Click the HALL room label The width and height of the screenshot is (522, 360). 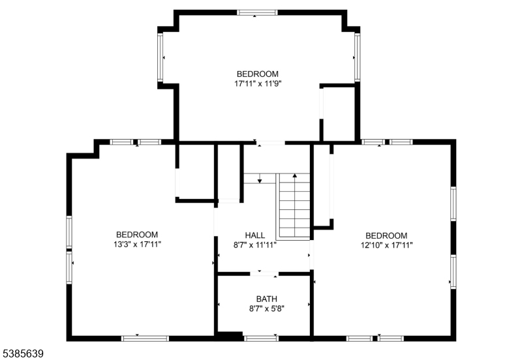click(x=255, y=235)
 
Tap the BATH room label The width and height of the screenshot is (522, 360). click(x=267, y=299)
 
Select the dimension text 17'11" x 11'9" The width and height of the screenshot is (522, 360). click(x=258, y=83)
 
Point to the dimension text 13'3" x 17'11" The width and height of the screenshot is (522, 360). click(x=137, y=245)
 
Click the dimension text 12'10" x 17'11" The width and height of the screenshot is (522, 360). click(x=386, y=246)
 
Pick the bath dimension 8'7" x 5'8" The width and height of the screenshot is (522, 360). click(x=267, y=308)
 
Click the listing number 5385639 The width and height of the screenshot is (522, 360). click(x=22, y=353)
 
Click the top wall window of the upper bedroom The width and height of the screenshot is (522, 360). click(x=257, y=12)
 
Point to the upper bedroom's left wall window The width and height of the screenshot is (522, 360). click(x=160, y=57)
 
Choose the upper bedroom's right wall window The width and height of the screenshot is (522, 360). click(x=357, y=57)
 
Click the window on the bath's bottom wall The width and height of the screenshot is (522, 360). click(x=261, y=338)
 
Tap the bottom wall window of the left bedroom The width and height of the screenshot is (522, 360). click(x=145, y=338)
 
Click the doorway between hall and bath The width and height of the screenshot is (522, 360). click(x=264, y=274)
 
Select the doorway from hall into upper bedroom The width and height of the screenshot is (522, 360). click(x=271, y=143)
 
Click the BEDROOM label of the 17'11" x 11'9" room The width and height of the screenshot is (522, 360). click(x=258, y=74)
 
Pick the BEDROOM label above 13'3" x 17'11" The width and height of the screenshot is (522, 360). click(x=137, y=235)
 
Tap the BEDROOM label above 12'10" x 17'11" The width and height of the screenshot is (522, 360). click(x=386, y=235)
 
